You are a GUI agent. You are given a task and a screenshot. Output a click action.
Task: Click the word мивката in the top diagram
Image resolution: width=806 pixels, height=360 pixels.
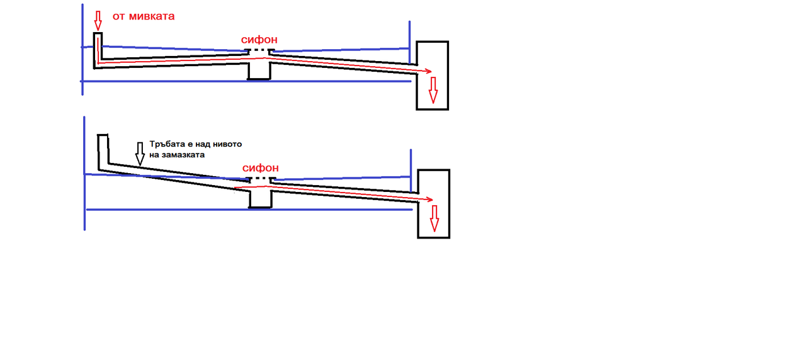tap(152, 16)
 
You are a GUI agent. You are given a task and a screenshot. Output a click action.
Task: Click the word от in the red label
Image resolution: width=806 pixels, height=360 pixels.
tap(119, 16)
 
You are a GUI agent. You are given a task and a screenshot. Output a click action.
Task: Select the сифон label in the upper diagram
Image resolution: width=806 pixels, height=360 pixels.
tap(259, 40)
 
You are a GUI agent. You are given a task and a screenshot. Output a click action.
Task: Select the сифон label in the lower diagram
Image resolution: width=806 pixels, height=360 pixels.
tap(260, 168)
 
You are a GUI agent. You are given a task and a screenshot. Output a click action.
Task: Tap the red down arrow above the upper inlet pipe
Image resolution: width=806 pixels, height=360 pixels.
tap(98, 20)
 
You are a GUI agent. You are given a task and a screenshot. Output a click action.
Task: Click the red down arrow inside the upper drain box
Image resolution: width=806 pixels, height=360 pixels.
tap(433, 90)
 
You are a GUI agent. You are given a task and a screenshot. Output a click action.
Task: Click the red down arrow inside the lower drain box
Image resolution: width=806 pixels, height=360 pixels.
tap(433, 218)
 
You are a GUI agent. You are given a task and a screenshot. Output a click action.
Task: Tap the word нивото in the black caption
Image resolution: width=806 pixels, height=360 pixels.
tap(228, 144)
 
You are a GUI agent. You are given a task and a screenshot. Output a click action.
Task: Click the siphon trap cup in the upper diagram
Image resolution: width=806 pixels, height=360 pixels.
tap(259, 69)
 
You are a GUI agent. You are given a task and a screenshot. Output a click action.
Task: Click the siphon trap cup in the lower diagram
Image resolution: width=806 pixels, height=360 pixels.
tap(260, 198)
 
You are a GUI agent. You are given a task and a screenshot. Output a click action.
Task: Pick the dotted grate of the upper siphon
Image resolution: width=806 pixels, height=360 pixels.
tap(259, 50)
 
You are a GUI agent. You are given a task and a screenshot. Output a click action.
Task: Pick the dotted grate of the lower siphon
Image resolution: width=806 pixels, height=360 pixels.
tap(260, 179)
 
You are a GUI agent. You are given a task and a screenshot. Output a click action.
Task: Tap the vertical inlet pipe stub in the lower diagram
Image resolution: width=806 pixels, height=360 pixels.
tap(103, 151)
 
